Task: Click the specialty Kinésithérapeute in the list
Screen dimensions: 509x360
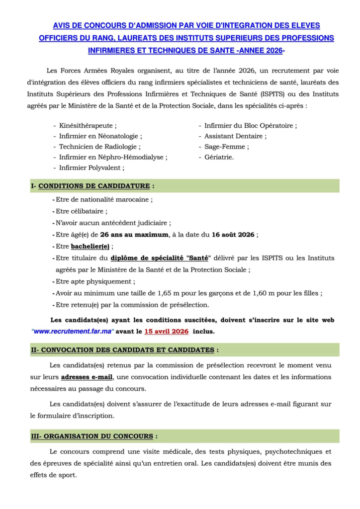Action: (x=88, y=126)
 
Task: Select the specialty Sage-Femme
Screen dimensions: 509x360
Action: (x=227, y=147)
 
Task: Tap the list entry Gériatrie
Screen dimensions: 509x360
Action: (x=219, y=157)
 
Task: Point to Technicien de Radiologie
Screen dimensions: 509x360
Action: (x=99, y=147)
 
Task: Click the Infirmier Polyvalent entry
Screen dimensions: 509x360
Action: (x=91, y=168)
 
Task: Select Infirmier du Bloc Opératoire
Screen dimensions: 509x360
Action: (x=251, y=126)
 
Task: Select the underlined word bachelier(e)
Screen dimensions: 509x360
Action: (x=90, y=246)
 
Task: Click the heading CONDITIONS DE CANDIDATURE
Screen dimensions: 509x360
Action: (x=94, y=186)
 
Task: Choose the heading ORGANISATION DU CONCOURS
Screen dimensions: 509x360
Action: (x=97, y=436)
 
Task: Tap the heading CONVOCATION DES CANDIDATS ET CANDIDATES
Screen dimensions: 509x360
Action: (x=127, y=350)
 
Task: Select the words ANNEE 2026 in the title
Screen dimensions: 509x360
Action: (x=260, y=50)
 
